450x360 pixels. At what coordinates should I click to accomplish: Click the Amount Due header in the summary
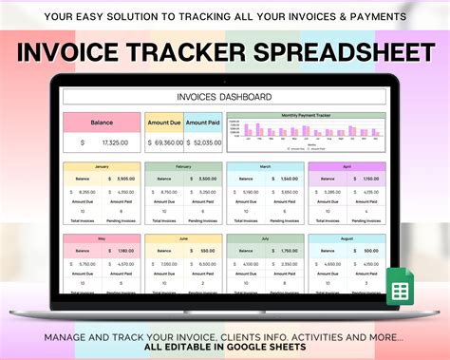[x=163, y=123]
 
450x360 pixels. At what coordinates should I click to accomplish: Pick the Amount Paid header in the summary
[x=203, y=123]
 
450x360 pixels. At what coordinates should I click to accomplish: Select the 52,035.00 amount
[x=207, y=142]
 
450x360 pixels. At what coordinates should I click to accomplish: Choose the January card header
[x=102, y=165]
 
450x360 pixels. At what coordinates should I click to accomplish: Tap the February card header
[x=183, y=165]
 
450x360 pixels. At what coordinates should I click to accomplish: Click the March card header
[x=266, y=165]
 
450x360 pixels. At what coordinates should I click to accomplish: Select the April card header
[x=347, y=165]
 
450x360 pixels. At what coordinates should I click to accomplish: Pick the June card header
[x=183, y=239]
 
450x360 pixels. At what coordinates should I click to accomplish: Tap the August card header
[x=347, y=239]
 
